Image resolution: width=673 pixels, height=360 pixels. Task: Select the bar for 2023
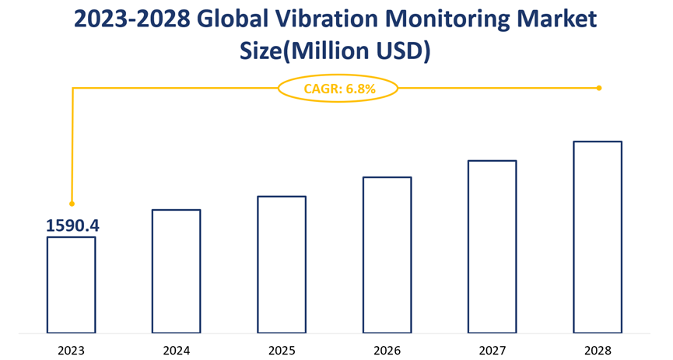(x=71, y=285)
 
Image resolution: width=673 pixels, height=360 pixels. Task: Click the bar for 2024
(x=176, y=271)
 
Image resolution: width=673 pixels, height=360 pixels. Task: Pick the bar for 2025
(x=282, y=264)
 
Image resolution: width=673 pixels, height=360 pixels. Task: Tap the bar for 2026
(x=387, y=255)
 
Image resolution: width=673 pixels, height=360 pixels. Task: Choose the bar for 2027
(x=492, y=246)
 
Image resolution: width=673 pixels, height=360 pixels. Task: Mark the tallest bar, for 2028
(x=598, y=237)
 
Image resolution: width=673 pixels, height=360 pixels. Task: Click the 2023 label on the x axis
(x=71, y=349)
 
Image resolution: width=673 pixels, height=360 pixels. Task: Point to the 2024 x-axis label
(x=176, y=349)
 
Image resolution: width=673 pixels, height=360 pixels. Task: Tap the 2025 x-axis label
(x=282, y=349)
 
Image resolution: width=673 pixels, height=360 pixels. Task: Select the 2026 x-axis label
(x=387, y=349)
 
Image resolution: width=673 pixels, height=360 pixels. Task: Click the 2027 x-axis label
(x=492, y=349)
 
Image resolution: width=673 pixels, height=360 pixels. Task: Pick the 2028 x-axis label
(x=598, y=349)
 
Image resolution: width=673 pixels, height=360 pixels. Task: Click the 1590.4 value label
(x=72, y=225)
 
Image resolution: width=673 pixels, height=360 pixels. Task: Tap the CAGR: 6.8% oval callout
(x=338, y=89)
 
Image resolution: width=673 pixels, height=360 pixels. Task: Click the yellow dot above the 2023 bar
(x=72, y=204)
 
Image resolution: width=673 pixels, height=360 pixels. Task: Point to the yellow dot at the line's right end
(x=598, y=88)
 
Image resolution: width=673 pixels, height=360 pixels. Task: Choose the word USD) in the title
(x=403, y=53)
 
